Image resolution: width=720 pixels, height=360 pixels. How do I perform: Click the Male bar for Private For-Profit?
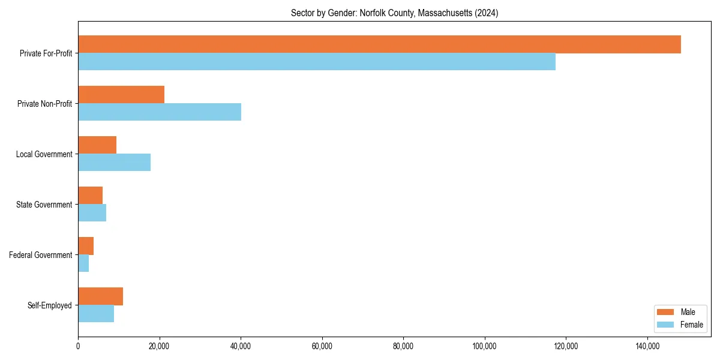click(379, 44)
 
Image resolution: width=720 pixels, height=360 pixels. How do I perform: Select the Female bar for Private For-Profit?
click(317, 62)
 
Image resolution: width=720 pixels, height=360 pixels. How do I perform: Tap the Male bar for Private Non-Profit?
click(121, 95)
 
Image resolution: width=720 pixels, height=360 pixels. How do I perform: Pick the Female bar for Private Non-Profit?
click(160, 112)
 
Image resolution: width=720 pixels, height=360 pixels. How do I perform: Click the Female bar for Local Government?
click(114, 163)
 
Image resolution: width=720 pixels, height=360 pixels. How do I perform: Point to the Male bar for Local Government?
click(97, 145)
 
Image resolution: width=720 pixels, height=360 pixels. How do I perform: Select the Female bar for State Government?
click(92, 213)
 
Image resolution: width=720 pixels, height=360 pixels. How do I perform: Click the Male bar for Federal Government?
click(86, 246)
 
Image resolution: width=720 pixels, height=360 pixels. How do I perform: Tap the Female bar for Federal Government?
click(83, 263)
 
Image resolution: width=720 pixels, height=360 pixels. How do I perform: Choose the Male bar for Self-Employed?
click(100, 296)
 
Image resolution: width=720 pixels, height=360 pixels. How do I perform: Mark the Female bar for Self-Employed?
click(96, 314)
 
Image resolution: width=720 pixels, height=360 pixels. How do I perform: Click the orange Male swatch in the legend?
click(666, 312)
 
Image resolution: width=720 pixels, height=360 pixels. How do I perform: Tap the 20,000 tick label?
click(159, 346)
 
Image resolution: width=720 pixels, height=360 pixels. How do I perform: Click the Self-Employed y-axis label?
click(50, 305)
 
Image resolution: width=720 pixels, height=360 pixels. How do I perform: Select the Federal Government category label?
click(41, 255)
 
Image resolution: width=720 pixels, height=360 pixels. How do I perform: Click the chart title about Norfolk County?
click(394, 13)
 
